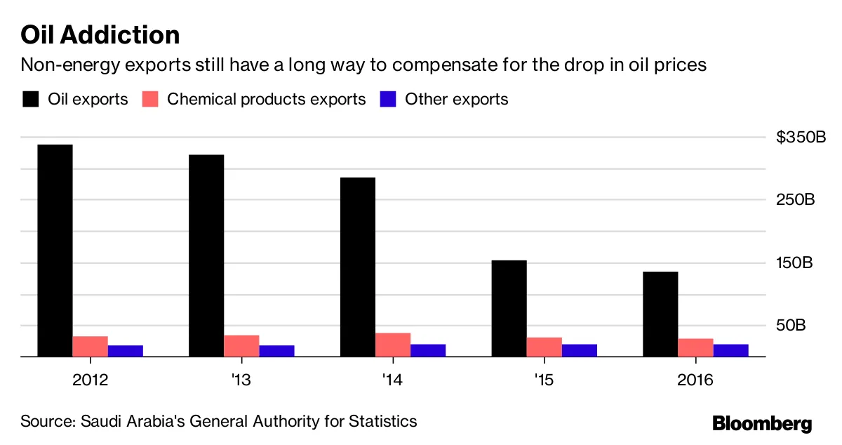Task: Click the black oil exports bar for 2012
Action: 55,251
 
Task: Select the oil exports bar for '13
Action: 206,255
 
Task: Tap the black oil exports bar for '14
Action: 358,267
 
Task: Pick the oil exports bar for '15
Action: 509,308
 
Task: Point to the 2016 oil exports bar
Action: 661,314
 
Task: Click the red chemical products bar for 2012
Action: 90,347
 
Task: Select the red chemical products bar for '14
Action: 393,345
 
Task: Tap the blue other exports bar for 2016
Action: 731,350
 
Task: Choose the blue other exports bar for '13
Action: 276,351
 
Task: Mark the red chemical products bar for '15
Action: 544,347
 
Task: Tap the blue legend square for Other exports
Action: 387,99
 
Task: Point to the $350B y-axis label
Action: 801,137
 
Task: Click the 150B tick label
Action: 795,263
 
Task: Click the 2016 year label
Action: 695,380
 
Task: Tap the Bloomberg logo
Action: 762,423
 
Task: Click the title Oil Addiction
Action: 100,34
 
